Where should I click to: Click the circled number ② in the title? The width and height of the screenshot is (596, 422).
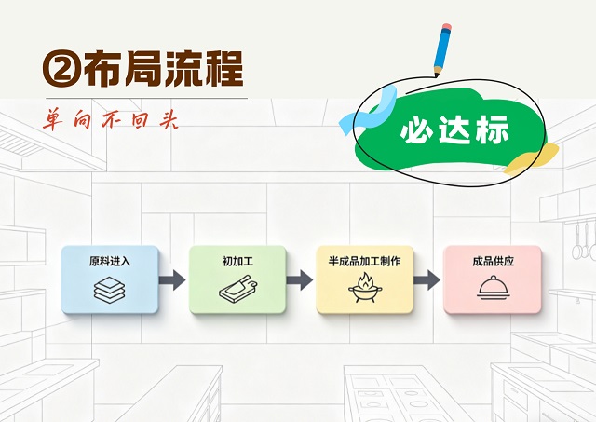62,69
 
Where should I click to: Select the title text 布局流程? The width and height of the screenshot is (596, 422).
163,69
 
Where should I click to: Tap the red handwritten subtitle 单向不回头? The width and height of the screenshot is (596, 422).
110,119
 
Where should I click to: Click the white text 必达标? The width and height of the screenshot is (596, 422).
454,129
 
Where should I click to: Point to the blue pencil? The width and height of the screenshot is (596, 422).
442,49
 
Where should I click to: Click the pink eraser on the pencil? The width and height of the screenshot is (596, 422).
447,27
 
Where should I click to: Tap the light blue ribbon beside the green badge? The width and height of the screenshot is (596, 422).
368,110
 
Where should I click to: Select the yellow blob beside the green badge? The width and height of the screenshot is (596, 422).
532,158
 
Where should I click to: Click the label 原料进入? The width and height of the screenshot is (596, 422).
110,261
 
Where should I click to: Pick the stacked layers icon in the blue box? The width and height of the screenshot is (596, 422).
110,290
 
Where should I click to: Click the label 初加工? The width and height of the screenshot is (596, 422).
237,261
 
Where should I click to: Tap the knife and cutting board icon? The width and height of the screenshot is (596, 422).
238,289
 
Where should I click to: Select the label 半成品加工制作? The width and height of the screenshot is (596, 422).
364,261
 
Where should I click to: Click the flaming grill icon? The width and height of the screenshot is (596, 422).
365,288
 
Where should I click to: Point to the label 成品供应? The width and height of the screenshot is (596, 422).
493,261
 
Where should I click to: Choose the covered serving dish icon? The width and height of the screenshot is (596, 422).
493,288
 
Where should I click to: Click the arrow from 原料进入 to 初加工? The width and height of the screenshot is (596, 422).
172,280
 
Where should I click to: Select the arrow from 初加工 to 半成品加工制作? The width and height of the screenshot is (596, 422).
300,280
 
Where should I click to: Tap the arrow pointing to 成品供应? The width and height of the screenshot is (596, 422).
427,280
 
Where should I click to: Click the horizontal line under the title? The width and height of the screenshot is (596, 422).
147,99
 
